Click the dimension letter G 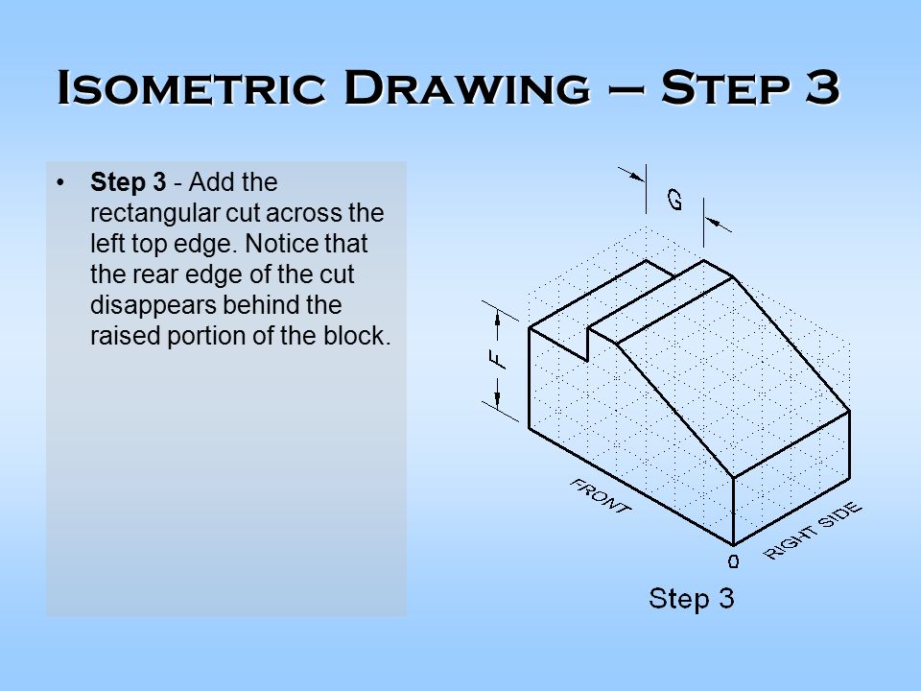point(675,200)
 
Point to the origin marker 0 point(733,561)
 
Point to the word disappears point(144,305)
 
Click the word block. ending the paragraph point(365,336)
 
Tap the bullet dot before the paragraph point(61,181)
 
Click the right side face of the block point(791,489)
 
